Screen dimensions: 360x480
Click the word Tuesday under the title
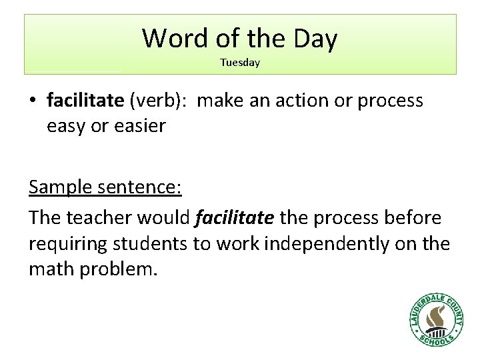click(240, 63)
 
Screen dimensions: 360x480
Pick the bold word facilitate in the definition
click(85, 101)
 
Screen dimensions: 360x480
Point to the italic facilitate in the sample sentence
click(235, 217)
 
